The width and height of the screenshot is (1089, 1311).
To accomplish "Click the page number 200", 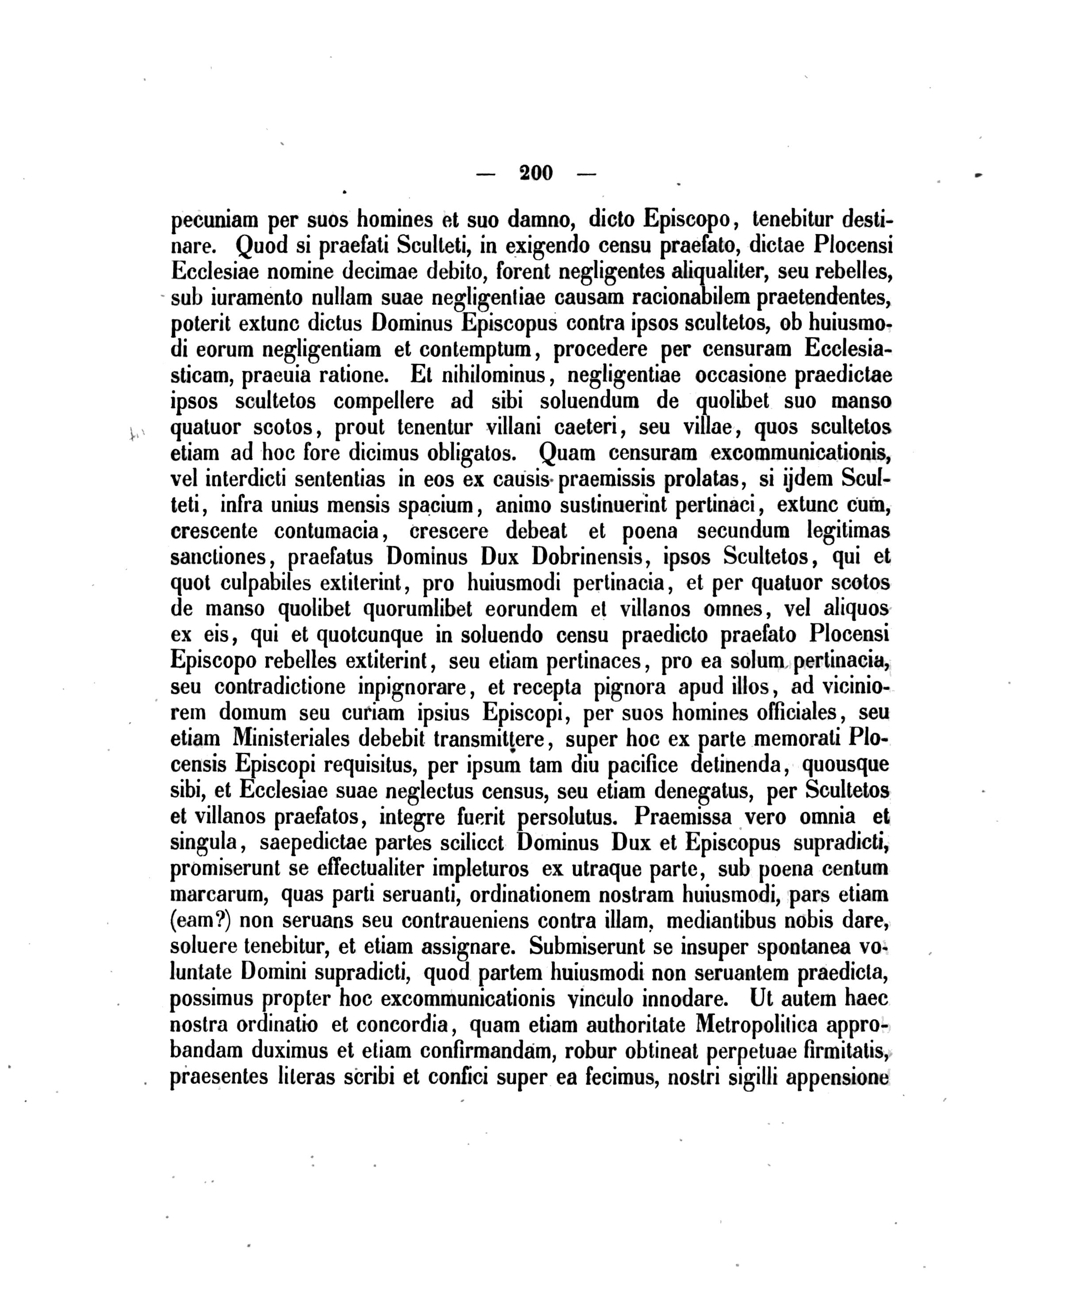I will coord(535,173).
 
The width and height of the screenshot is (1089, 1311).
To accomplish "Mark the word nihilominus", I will coord(493,375).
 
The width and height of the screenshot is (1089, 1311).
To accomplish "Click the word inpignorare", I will coord(413,687).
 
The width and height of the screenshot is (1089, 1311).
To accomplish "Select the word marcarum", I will coord(218,895).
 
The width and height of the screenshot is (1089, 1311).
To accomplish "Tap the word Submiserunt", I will coord(587,947).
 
